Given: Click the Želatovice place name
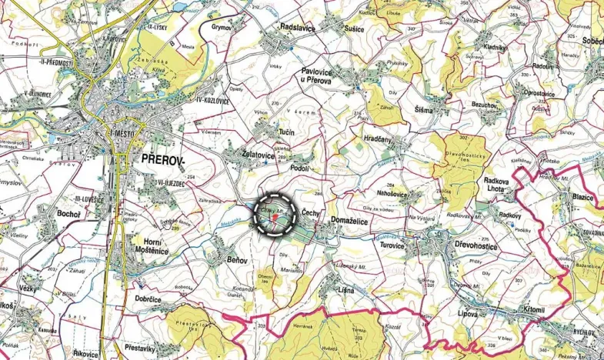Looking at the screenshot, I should [x=251, y=155].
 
